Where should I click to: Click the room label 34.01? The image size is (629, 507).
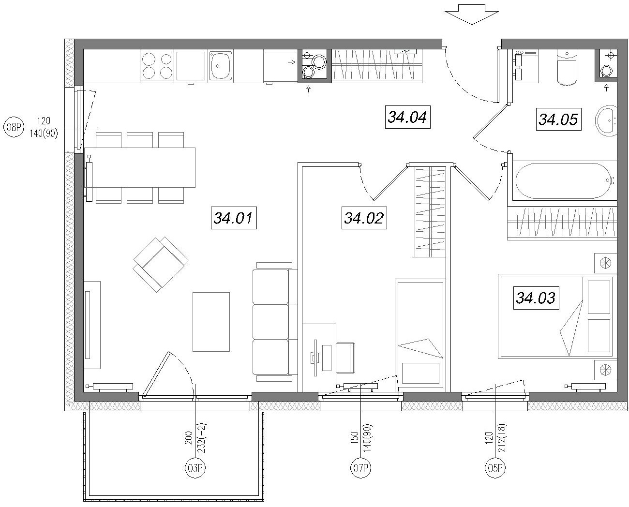(x=234, y=218)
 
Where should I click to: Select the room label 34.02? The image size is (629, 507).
(x=364, y=218)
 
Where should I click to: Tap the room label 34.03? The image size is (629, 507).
(x=536, y=298)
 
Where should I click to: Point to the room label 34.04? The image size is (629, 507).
(x=408, y=117)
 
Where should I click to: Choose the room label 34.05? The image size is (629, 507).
(x=558, y=119)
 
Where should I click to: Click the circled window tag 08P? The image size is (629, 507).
(x=14, y=127)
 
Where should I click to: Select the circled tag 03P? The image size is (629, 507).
(x=195, y=468)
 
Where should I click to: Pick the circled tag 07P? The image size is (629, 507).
(x=360, y=468)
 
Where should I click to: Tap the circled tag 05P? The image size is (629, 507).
(x=495, y=468)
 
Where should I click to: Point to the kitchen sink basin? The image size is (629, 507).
(x=221, y=65)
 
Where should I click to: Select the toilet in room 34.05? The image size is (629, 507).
(x=567, y=68)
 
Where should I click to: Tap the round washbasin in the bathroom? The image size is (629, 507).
(x=606, y=120)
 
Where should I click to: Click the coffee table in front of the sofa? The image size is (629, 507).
(x=211, y=322)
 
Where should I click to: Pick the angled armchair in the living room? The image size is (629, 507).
(x=161, y=264)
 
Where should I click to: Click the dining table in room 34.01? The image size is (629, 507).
(x=140, y=167)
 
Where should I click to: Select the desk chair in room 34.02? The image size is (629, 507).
(x=346, y=358)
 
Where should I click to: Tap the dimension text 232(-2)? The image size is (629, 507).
(x=202, y=438)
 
